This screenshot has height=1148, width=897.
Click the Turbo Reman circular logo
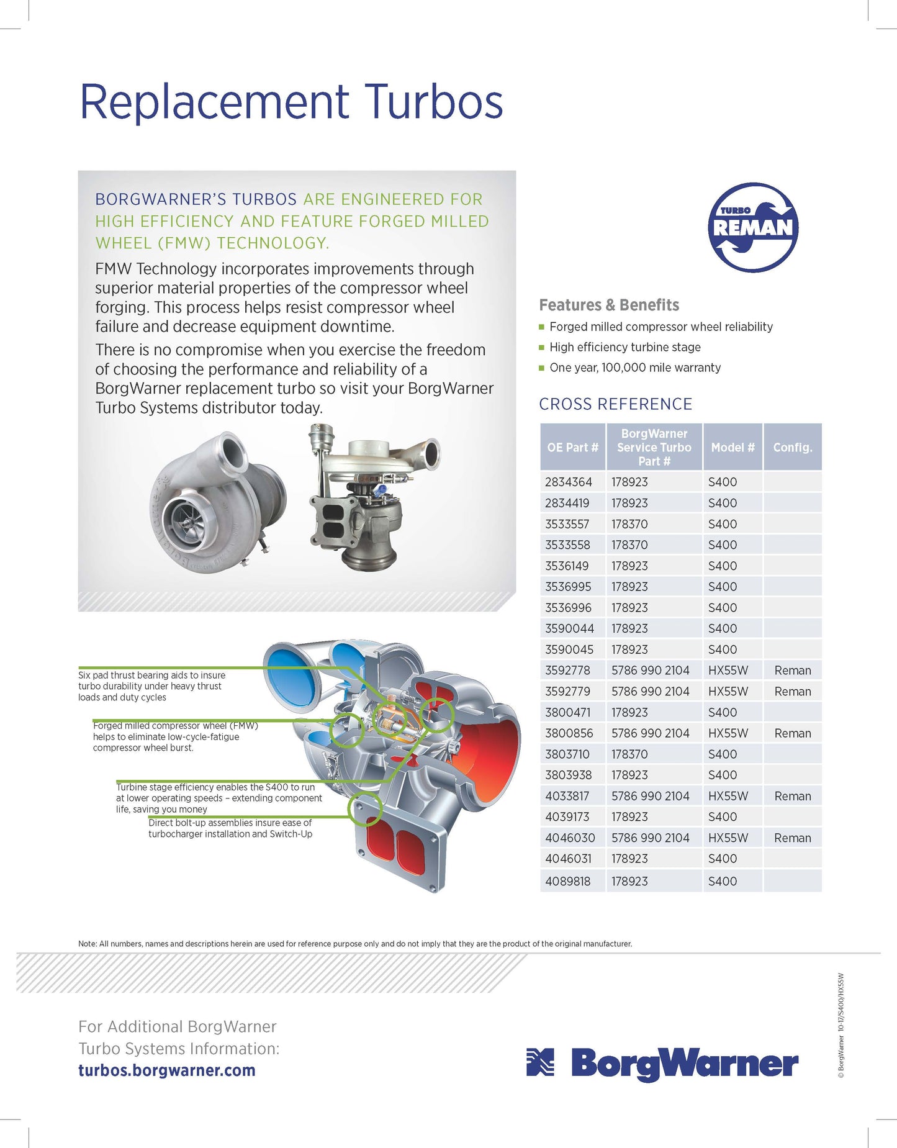pos(753,227)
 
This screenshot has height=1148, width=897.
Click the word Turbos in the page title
pos(433,102)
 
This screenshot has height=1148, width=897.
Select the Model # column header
pos(732,447)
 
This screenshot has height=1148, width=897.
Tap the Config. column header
pos(792,447)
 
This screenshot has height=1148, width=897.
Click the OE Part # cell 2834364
pos(569,482)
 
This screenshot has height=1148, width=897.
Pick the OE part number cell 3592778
pos(568,671)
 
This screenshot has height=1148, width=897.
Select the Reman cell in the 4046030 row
pos(792,838)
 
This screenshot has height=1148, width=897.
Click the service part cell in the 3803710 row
pos(629,754)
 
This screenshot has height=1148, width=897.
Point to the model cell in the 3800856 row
pos(728,733)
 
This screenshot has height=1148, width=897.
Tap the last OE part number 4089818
pos(568,881)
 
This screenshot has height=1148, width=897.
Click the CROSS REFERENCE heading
pos(615,404)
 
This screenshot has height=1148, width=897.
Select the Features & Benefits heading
pos(609,305)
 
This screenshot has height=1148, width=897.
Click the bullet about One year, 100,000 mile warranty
pos(634,368)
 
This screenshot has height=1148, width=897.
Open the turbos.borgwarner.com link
pos(167,1070)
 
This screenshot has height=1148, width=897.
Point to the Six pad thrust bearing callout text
pos(151,686)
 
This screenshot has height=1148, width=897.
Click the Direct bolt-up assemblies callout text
pos(230,828)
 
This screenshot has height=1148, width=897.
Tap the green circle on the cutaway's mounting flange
pos(365,808)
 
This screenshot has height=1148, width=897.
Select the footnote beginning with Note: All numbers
pos(355,944)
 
